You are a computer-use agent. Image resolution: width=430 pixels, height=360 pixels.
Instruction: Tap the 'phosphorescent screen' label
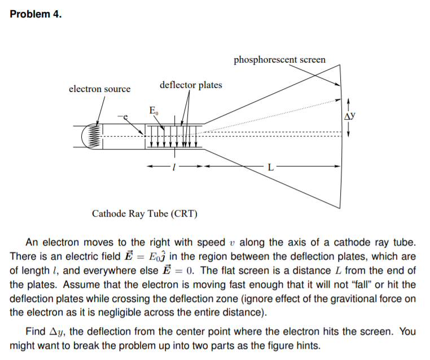279,59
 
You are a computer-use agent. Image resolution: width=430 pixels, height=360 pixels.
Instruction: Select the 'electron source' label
99,89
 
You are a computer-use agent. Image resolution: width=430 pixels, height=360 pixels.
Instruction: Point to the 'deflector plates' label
191,85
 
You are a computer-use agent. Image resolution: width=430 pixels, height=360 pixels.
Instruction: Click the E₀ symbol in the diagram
153,110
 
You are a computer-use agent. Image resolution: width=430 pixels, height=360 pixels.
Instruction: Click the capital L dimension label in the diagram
271,167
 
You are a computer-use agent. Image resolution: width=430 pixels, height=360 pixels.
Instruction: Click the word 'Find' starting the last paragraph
36,331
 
